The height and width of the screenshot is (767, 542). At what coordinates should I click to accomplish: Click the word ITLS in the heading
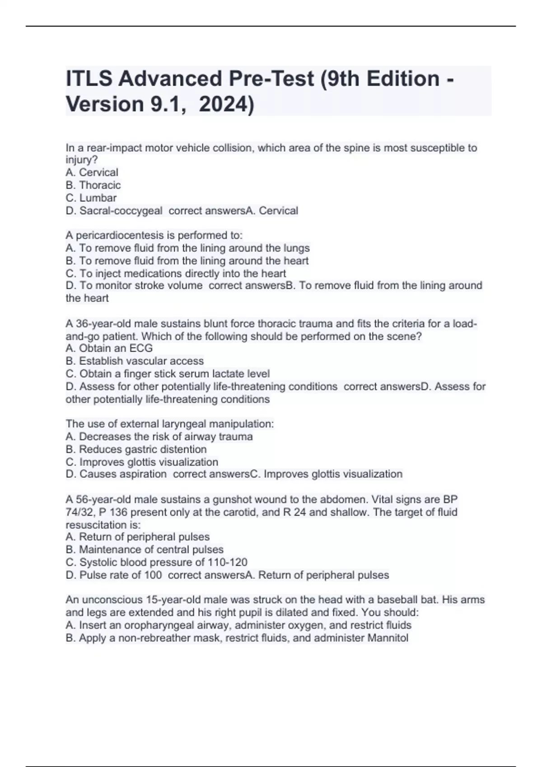[x=89, y=79]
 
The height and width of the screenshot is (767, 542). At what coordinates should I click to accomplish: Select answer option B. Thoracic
[x=93, y=185]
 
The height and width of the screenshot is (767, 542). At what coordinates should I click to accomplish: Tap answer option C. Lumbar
[x=91, y=198]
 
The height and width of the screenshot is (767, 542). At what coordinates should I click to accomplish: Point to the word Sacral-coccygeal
[x=121, y=211]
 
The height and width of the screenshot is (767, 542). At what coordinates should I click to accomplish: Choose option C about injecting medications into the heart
[x=176, y=273]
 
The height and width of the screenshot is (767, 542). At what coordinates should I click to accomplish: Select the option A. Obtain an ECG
[x=109, y=348]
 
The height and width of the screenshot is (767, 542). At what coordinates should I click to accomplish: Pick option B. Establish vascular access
[x=135, y=361]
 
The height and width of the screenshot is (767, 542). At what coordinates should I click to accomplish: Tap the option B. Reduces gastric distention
[x=136, y=449]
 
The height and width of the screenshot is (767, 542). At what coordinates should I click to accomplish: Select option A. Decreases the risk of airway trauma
[x=159, y=437]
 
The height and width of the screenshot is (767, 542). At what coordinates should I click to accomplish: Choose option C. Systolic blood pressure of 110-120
[x=156, y=562]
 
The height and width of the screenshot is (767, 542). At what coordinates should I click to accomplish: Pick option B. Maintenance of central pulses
[x=145, y=550]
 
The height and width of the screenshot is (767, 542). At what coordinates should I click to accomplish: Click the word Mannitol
[x=388, y=638]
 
